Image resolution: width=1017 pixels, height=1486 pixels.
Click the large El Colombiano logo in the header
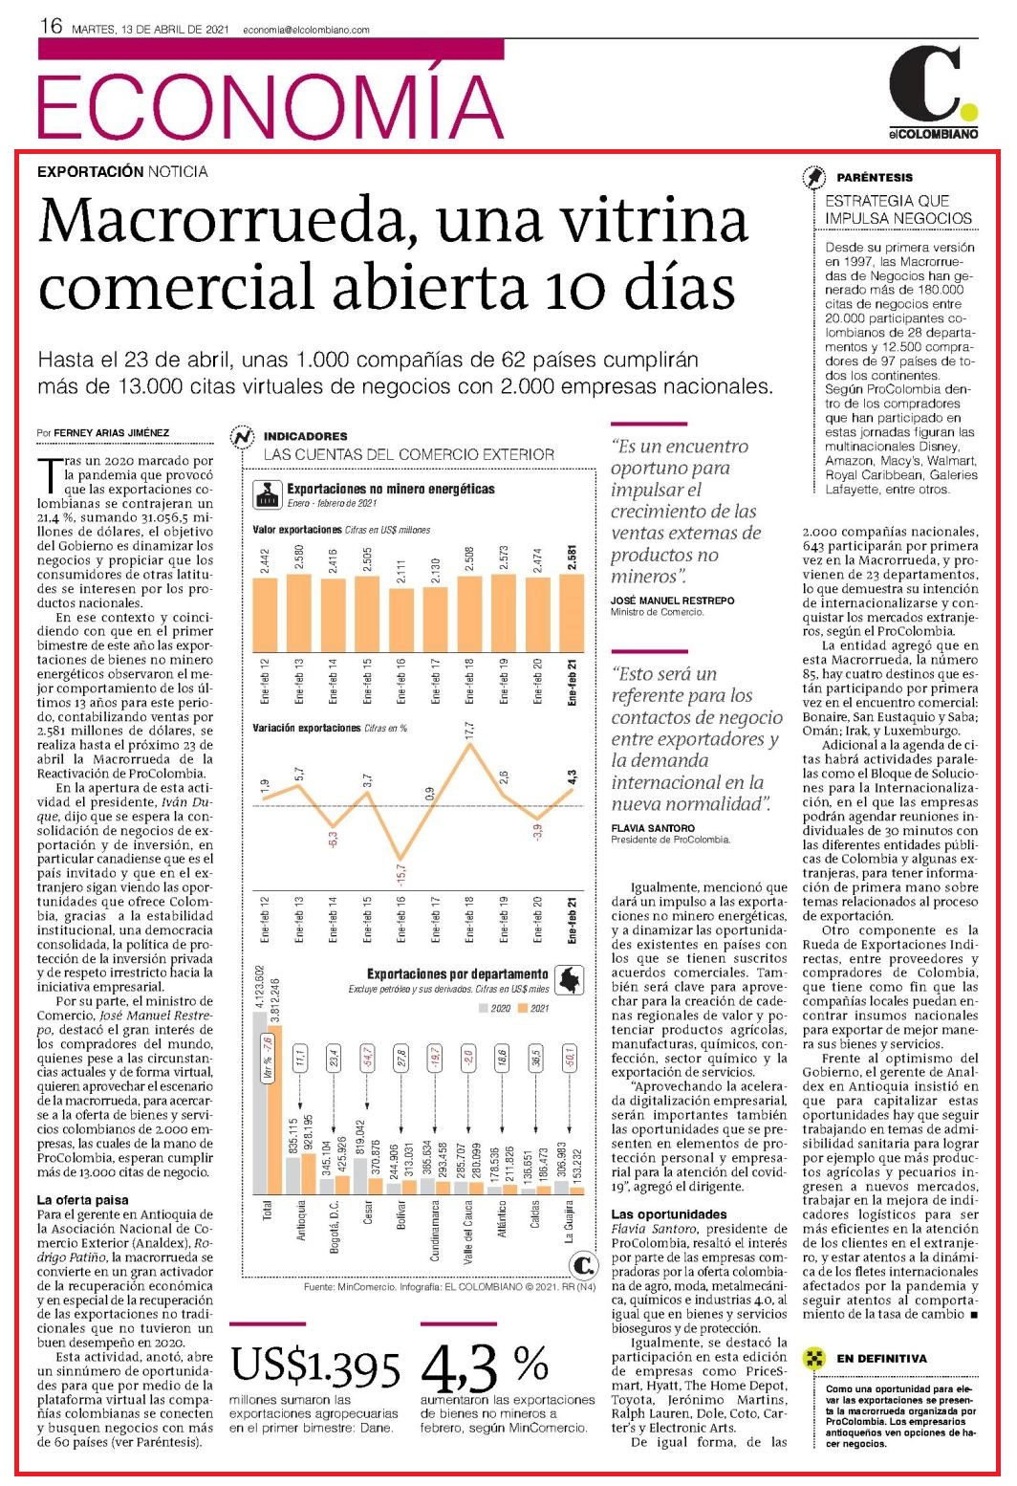(x=934, y=94)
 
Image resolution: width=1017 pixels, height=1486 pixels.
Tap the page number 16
(x=51, y=27)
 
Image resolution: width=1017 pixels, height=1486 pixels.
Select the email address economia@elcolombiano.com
(x=306, y=30)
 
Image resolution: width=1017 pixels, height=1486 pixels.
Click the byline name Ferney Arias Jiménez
(x=112, y=432)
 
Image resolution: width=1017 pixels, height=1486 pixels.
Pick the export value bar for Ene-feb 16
(x=400, y=620)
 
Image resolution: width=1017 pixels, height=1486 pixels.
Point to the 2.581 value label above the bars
(x=573, y=557)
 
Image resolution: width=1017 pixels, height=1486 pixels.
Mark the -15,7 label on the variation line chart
(x=400, y=875)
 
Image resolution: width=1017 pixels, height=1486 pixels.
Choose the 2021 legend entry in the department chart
(x=533, y=1008)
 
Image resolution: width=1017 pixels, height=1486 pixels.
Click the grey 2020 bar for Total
(x=260, y=1103)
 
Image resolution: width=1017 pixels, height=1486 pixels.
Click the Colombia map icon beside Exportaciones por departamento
(x=568, y=980)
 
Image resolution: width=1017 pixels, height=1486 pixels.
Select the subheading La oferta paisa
(x=83, y=1200)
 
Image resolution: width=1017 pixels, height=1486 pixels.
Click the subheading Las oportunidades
(x=669, y=1214)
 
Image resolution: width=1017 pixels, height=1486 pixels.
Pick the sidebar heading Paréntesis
(x=874, y=178)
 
